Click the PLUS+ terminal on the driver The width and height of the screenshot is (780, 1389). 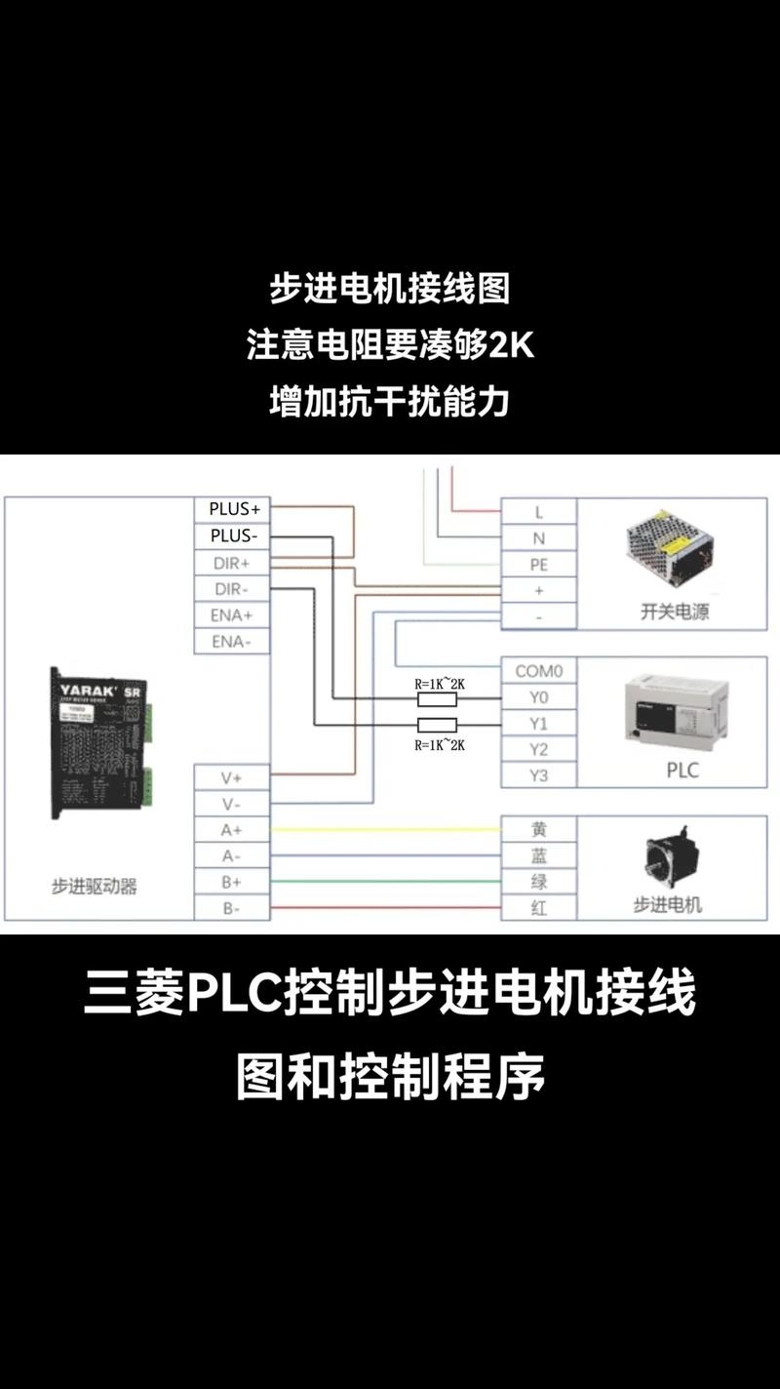pos(233,509)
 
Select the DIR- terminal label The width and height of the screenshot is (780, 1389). pos(233,589)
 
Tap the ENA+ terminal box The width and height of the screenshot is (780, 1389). pos(233,615)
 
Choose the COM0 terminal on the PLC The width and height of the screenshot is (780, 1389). pos(538,671)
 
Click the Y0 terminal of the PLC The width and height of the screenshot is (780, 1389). pos(538,697)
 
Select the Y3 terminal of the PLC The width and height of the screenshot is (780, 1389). pos(538,775)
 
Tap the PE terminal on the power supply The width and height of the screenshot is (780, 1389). pos(538,565)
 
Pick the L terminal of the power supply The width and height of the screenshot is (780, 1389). pos(538,512)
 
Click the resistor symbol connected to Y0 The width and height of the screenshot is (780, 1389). pos(436,698)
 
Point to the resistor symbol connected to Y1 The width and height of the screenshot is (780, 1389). pos(436,724)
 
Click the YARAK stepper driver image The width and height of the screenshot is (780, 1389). pos(99,741)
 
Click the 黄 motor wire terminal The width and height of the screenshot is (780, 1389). pos(538,830)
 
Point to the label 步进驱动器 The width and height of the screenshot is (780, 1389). pos(95,887)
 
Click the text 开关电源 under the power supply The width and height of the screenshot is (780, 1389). pos(675,613)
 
